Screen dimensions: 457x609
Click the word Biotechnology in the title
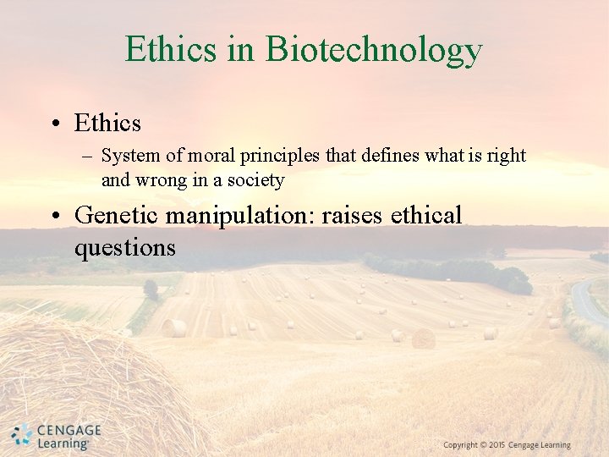click(x=373, y=50)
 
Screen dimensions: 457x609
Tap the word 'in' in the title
click(x=240, y=50)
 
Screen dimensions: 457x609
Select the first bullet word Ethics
click(x=107, y=124)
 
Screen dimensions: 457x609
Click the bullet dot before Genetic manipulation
click(x=54, y=216)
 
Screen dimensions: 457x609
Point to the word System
click(x=127, y=156)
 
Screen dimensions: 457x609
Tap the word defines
click(x=369, y=156)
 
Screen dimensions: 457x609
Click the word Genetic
click(x=117, y=215)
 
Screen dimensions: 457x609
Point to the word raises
click(x=351, y=215)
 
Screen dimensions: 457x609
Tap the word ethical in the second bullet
click(x=426, y=215)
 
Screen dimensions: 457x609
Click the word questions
click(x=125, y=247)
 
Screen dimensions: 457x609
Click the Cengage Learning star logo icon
click(x=21, y=436)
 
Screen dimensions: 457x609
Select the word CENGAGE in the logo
click(x=69, y=431)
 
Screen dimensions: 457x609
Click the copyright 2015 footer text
click(x=507, y=445)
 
